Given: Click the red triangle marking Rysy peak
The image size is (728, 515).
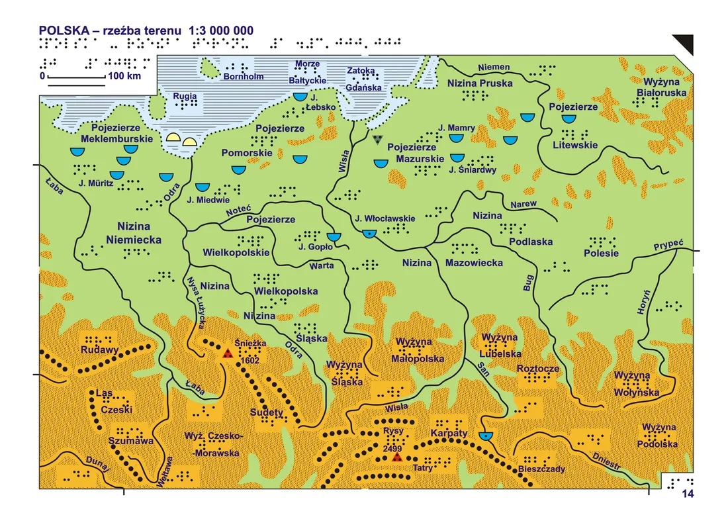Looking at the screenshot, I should click(396, 457).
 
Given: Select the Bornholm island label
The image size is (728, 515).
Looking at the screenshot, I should click(244, 77).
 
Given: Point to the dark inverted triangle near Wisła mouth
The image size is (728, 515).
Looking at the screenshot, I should click(377, 139).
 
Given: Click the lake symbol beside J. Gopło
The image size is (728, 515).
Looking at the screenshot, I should click(334, 236).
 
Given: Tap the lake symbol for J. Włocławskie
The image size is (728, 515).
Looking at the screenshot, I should click(369, 232).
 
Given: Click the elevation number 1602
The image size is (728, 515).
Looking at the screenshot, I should click(251, 361).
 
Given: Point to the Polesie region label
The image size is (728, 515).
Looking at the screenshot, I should click(601, 254).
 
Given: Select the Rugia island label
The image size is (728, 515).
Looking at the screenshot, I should click(184, 95).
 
